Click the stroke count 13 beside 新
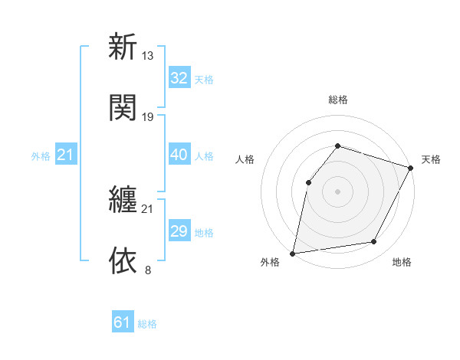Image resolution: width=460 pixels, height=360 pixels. [x=148, y=56]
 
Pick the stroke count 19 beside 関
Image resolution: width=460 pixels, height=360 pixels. [x=148, y=116]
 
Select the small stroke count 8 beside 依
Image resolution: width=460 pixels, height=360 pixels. [x=148, y=270]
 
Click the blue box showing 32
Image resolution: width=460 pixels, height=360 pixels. [x=179, y=78]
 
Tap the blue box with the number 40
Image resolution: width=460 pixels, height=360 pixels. [x=179, y=155]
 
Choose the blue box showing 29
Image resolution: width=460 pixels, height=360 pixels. [x=179, y=231]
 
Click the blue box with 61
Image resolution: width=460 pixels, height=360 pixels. [x=122, y=322]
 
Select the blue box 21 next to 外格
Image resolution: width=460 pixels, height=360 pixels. [x=66, y=155]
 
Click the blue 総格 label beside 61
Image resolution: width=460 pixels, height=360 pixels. [x=147, y=324]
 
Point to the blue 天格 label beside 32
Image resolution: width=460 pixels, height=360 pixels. [x=204, y=80]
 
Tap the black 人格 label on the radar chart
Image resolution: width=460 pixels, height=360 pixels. [x=245, y=159]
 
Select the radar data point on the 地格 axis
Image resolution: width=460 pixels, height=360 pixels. [x=374, y=242]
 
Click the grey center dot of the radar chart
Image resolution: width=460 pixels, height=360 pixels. [x=337, y=191]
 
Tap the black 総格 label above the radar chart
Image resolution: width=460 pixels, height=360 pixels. [x=338, y=100]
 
